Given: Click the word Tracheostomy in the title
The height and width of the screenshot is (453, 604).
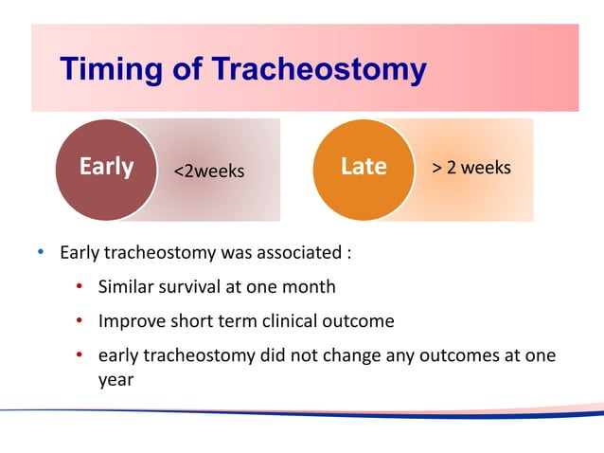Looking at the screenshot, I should pos(318,70).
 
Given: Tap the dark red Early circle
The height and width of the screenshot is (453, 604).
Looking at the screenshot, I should pos(104,169).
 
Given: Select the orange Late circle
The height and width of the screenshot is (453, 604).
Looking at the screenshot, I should pos(363,168).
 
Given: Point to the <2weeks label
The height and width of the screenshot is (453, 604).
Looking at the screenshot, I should pos(207,172).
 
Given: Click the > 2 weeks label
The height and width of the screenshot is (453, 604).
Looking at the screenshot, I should pos(471,168).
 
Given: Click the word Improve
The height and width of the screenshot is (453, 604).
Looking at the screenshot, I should pos(130,321).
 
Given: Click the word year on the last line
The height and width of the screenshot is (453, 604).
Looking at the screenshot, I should pos(116,378).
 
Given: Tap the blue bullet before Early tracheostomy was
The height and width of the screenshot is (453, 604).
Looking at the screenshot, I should pos(40,254).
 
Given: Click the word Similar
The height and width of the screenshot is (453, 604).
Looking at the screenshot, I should pos(127,286).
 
